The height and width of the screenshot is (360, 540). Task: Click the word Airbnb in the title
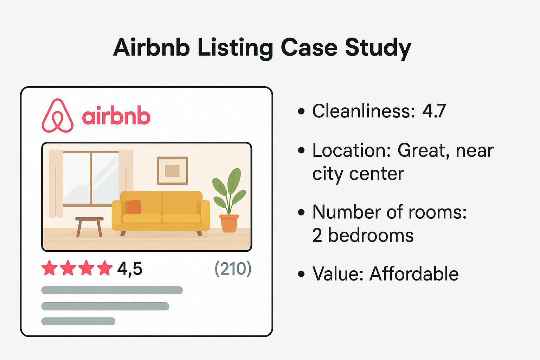click(152, 47)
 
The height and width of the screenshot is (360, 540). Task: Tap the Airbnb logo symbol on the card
click(58, 116)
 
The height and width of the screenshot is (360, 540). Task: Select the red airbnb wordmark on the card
click(116, 116)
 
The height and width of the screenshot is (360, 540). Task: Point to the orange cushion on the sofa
click(133, 207)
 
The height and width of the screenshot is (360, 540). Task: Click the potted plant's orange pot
click(229, 224)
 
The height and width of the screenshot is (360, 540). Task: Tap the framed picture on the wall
click(172, 171)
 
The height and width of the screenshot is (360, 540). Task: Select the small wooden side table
click(89, 225)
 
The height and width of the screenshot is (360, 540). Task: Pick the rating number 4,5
click(130, 269)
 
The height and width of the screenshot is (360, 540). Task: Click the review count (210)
click(233, 269)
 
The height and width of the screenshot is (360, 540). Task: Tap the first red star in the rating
click(50, 269)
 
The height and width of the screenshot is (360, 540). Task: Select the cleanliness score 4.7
click(434, 111)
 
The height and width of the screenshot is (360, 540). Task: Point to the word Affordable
click(414, 274)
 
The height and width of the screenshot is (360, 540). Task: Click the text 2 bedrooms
click(362, 235)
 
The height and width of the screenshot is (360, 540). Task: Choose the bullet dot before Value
click(301, 274)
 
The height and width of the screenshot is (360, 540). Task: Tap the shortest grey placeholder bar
click(78, 321)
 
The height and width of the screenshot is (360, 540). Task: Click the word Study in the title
click(378, 48)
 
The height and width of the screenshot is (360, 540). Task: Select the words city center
click(358, 174)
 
